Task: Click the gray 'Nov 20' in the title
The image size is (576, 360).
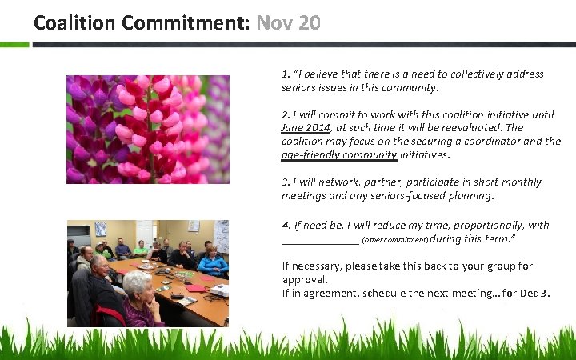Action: click(288, 22)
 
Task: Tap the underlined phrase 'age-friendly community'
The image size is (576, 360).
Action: click(339, 154)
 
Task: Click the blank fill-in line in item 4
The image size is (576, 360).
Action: click(320, 239)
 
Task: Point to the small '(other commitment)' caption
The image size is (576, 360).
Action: click(394, 239)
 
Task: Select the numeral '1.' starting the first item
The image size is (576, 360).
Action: click(286, 74)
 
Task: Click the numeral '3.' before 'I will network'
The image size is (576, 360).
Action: click(286, 182)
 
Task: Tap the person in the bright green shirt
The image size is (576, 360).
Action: click(140, 249)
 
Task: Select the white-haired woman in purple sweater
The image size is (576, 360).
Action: click(139, 299)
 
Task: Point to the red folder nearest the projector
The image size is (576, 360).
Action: click(195, 287)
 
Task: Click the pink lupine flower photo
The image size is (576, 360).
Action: click(148, 129)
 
